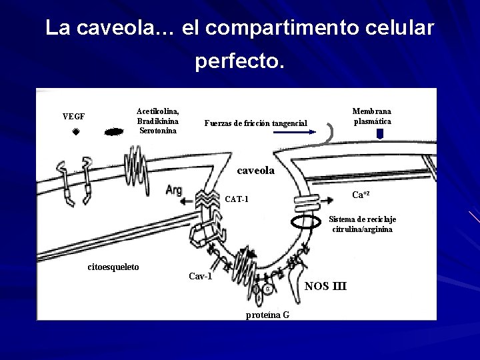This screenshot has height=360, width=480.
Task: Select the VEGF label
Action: pyautogui.click(x=73, y=116)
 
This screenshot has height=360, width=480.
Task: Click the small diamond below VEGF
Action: pyautogui.click(x=76, y=132)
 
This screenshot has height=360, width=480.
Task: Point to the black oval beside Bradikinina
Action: pyautogui.click(x=115, y=131)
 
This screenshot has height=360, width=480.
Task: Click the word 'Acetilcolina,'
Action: pyautogui.click(x=157, y=111)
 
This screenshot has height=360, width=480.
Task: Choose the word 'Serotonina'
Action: pyautogui.click(x=158, y=130)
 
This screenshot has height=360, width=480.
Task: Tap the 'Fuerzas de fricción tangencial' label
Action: pyautogui.click(x=256, y=123)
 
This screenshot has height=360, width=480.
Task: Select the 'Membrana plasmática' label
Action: pyautogui.click(x=372, y=116)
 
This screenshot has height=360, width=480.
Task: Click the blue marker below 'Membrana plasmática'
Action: pyautogui.click(x=380, y=133)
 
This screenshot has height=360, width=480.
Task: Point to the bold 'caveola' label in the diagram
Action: pyautogui.click(x=255, y=171)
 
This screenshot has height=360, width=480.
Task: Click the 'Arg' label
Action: pyautogui.click(x=173, y=189)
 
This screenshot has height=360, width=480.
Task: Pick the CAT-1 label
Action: pyautogui.click(x=237, y=199)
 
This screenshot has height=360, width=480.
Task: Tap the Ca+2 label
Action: pyautogui.click(x=361, y=194)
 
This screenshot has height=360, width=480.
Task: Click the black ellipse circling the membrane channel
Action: pyautogui.click(x=307, y=222)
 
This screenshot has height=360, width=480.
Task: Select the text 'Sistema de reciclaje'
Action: pyautogui.click(x=363, y=219)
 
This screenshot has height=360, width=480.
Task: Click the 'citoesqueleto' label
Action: pyautogui.click(x=113, y=267)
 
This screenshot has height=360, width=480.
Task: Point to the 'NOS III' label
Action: pyautogui.click(x=325, y=287)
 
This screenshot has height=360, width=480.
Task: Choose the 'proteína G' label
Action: pyautogui.click(x=267, y=314)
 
